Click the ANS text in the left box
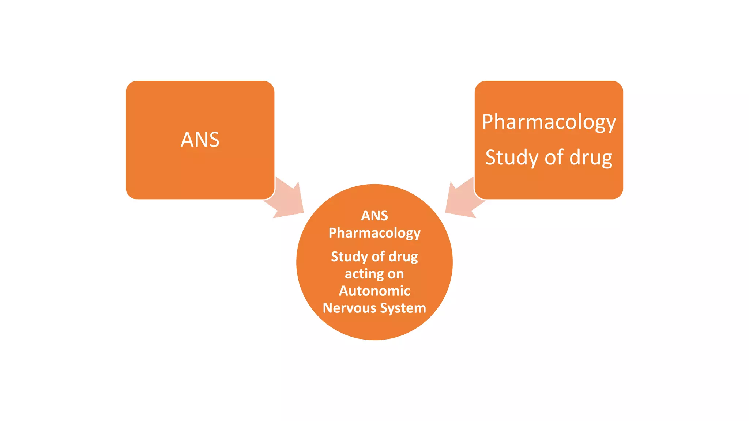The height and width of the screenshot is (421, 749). [x=200, y=140]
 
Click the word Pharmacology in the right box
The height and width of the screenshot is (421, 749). [x=549, y=122]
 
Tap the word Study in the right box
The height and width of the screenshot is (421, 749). [x=512, y=158]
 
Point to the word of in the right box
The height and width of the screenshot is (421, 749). [x=554, y=158]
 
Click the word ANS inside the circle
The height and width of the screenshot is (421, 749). [x=374, y=216]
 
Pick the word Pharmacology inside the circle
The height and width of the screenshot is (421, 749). [x=374, y=233]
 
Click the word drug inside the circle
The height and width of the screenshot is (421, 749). [x=403, y=257]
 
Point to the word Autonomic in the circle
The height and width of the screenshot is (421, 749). [x=374, y=291]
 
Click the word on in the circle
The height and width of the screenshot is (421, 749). [x=395, y=274]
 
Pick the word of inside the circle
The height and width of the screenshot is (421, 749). [x=378, y=257]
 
